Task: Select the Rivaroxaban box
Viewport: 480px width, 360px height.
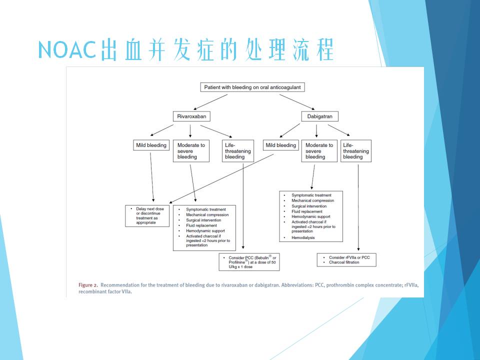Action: click(190, 116)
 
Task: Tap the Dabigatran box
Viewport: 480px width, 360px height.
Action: click(319, 116)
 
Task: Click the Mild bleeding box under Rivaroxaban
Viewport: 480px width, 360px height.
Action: click(151, 145)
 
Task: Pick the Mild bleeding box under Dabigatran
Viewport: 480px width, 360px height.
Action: click(280, 145)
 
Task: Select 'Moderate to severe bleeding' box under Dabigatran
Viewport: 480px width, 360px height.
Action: click(319, 151)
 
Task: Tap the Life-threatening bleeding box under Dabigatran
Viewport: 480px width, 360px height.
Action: click(356, 151)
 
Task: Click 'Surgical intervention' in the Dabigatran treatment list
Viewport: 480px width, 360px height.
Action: click(309, 206)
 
